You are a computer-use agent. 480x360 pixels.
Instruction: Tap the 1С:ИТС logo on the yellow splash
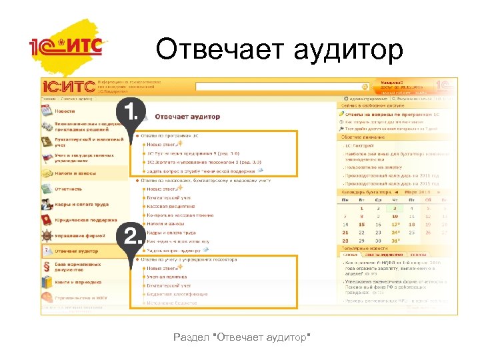(67, 47)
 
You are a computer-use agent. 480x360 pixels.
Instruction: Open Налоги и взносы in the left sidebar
(75, 173)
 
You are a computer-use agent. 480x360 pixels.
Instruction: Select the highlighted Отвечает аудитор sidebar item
(77, 251)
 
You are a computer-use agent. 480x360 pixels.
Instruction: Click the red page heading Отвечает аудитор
(187, 117)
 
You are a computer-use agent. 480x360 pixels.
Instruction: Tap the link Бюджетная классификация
(173, 293)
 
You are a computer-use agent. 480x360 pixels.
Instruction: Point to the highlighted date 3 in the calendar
(395, 209)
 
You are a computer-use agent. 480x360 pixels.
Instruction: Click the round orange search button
(365, 86)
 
